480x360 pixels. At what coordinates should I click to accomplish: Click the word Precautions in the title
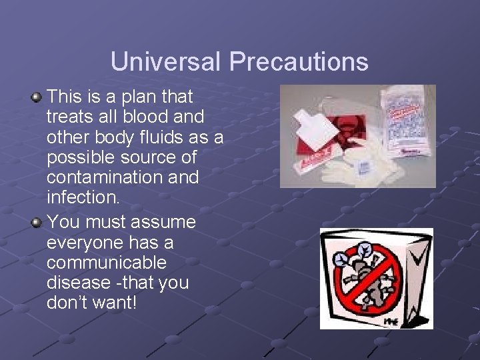(x=299, y=62)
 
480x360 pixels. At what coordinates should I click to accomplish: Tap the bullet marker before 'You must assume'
(x=37, y=222)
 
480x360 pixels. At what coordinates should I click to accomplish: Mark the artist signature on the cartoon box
(x=391, y=321)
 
